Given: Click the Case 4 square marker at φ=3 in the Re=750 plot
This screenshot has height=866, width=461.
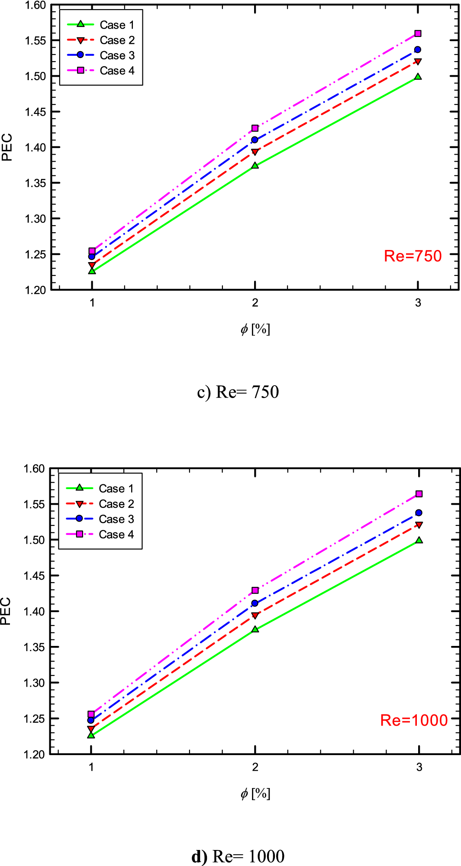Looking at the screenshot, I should point(418,33).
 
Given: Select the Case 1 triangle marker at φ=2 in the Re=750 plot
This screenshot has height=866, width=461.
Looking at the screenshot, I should point(255,165).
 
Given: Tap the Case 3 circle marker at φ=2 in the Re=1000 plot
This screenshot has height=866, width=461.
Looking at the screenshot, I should point(255,603).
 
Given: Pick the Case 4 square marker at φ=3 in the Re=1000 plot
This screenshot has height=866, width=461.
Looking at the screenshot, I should point(419,494).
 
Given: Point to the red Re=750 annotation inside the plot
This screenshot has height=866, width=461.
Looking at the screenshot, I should point(413,256).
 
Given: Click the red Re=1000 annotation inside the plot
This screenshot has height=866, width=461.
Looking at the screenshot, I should point(413,720).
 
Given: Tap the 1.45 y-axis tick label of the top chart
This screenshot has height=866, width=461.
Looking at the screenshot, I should point(35,112).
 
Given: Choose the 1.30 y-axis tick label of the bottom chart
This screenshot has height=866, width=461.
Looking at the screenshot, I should point(34,683).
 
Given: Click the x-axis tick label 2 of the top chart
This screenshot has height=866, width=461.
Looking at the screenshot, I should point(255,303).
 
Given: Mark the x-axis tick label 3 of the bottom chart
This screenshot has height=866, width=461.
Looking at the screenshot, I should point(419,767).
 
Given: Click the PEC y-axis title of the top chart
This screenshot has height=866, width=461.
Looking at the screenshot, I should point(6,147).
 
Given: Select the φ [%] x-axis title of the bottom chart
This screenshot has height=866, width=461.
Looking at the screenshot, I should point(255,793).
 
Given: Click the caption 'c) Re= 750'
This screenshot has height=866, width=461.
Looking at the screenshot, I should point(238,392).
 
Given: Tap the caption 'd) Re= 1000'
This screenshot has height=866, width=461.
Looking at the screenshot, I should point(238,856).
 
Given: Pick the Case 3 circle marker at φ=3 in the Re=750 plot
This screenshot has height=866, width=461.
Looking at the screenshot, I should point(417,49).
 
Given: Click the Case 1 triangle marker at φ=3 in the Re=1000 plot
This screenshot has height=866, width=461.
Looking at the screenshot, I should point(419,540).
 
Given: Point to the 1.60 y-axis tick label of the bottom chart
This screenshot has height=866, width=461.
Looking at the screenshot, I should point(34,469).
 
